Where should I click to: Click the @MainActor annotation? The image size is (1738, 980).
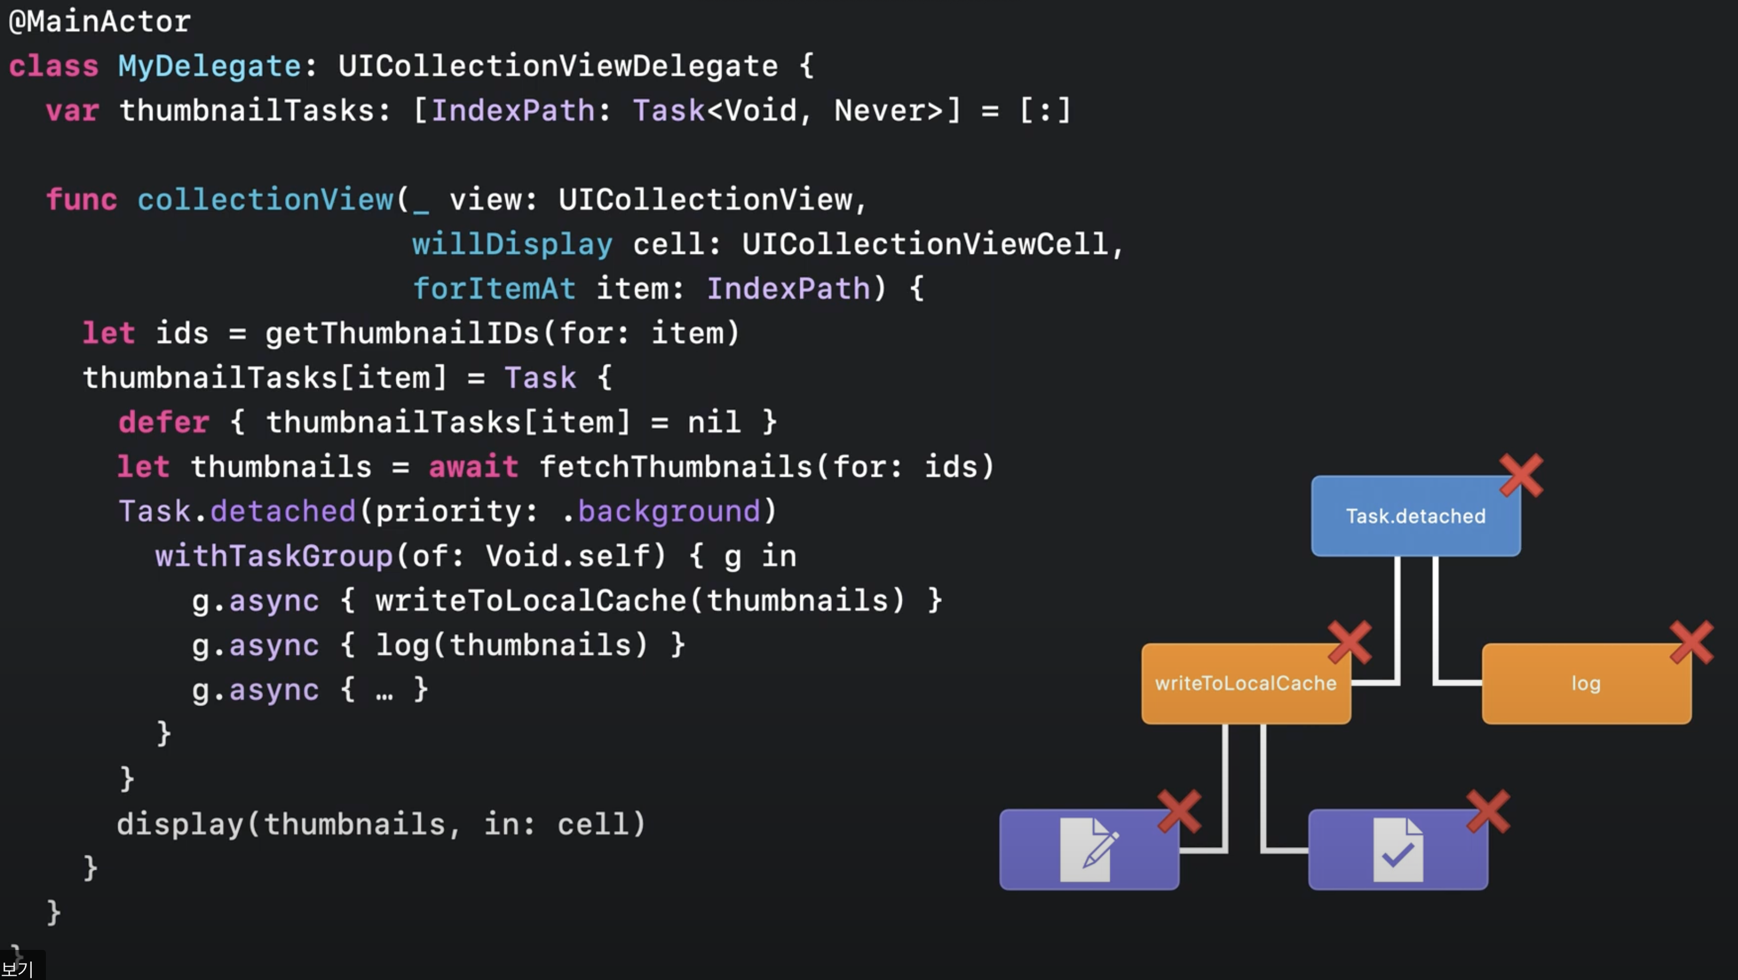coord(100,22)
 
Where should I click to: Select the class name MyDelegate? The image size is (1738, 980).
coord(209,66)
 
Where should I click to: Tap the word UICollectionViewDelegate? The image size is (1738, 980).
coord(558,66)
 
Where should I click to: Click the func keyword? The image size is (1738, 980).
coord(81,200)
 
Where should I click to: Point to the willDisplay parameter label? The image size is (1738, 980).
coord(512,244)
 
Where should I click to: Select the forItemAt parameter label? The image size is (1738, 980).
coord(494,289)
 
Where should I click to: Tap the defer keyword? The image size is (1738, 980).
coord(163,422)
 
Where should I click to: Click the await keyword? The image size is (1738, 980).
coord(474,467)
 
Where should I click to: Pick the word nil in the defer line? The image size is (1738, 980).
coord(714,422)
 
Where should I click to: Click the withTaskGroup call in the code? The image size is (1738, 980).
coord(274,556)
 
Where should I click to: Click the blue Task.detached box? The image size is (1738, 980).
coord(1415,516)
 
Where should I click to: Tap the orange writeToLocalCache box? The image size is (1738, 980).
coord(1245,684)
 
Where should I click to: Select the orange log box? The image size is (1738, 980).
coord(1585,684)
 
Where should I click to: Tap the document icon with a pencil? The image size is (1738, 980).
coord(1088,849)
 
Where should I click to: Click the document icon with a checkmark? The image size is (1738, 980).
coord(1398,849)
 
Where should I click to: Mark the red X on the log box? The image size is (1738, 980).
coord(1691,643)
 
